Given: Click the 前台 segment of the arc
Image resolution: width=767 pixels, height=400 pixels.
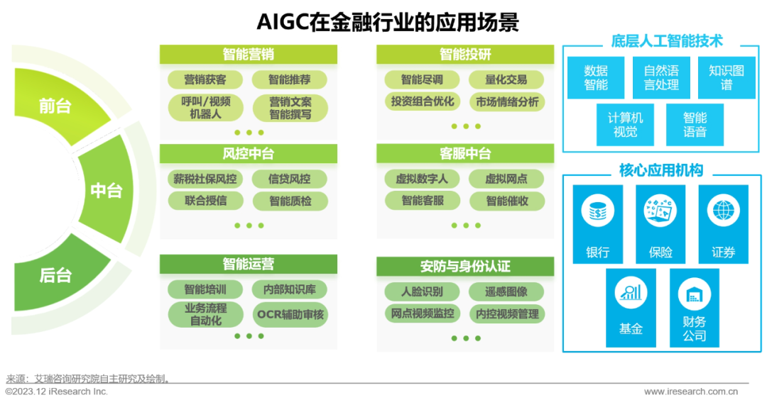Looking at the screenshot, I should coord(55,106).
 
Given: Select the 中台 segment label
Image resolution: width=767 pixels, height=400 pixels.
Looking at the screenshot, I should coord(107,190).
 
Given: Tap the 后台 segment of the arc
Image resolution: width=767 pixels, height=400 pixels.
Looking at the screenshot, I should coord(55,274).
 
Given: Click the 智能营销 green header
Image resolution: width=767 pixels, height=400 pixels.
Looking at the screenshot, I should coord(248,55).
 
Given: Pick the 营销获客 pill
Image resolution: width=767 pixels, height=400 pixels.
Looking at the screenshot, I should coord(205,79).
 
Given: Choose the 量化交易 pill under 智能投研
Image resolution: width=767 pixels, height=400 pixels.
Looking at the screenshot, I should coord(506,79).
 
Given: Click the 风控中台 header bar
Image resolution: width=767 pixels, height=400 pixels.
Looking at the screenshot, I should coord(248,154).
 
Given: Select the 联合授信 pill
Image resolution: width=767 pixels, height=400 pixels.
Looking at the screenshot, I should coord(205,200).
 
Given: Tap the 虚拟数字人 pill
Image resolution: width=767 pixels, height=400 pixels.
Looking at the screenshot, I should coord(422,179).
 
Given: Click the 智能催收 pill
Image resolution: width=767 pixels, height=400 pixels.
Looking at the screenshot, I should coord(506,200).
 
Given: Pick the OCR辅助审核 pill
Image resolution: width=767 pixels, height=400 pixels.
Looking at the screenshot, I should coord(290,313).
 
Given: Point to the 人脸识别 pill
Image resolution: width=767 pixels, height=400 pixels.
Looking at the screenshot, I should coord(422,291).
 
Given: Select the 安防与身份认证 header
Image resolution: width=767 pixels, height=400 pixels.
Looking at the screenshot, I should coord(465,267).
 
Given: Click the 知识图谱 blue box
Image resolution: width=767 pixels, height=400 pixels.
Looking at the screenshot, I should coord(726,77).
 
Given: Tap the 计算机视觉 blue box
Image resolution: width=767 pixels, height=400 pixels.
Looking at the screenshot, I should coord(625,124).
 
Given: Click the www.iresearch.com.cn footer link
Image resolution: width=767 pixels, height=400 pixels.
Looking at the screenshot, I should coord(690,391).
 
